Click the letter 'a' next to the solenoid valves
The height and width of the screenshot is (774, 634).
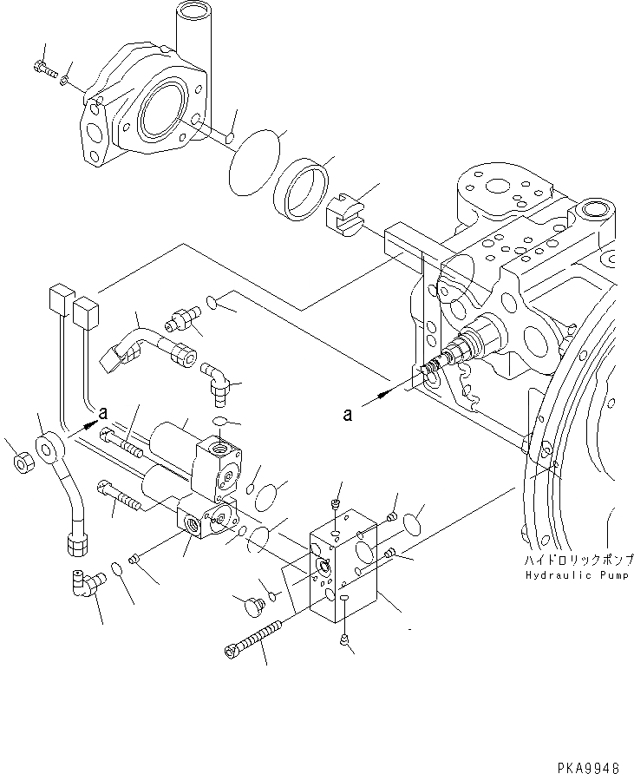tap(103, 412)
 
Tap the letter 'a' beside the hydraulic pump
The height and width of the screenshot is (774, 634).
tap(347, 415)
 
